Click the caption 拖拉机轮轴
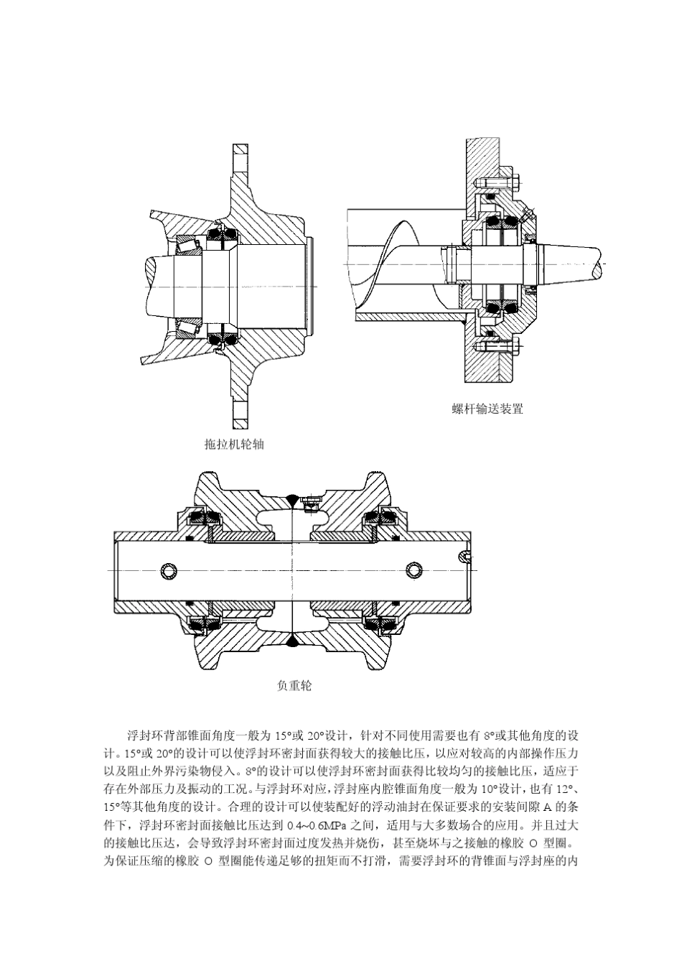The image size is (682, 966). [234, 445]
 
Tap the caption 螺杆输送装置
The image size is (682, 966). [487, 409]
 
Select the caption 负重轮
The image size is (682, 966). [294, 686]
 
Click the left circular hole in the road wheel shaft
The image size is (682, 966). [168, 570]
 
